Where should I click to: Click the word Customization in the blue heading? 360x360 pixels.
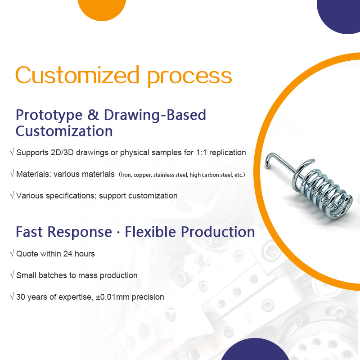tap(64, 131)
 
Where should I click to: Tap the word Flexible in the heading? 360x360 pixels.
tap(151, 232)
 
